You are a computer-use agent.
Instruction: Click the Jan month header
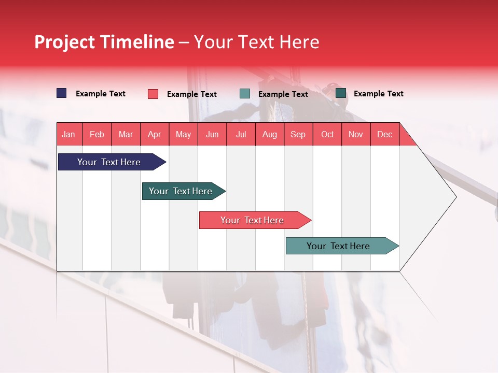(68, 134)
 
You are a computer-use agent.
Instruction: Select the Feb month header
(97, 134)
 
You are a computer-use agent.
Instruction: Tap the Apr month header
(154, 134)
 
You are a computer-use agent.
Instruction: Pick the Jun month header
(212, 134)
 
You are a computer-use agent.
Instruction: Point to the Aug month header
(269, 134)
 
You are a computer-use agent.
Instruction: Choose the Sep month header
(298, 134)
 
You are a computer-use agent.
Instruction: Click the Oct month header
(327, 134)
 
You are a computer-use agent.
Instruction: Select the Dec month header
(384, 134)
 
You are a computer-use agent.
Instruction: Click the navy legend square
(62, 93)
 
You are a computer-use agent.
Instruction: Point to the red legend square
(153, 94)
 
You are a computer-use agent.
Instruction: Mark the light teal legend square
(245, 94)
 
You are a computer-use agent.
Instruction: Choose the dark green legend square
(341, 93)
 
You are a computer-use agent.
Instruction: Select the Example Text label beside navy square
(101, 94)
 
